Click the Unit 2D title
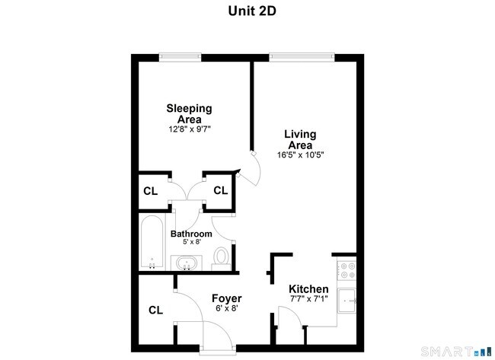[247, 11]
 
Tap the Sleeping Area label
[189, 113]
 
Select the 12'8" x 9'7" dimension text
[189, 129]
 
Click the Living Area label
[300, 139]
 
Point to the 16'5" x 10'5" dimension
[300, 155]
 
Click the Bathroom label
[190, 234]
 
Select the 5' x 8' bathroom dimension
[190, 243]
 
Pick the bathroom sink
[187, 264]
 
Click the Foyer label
[226, 298]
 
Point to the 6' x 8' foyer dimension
[226, 309]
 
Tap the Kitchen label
[308, 289]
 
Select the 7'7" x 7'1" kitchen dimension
[308, 300]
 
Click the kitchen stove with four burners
[346, 269]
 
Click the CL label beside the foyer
[155, 310]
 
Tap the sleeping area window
[180, 56]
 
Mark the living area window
[302, 56]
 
